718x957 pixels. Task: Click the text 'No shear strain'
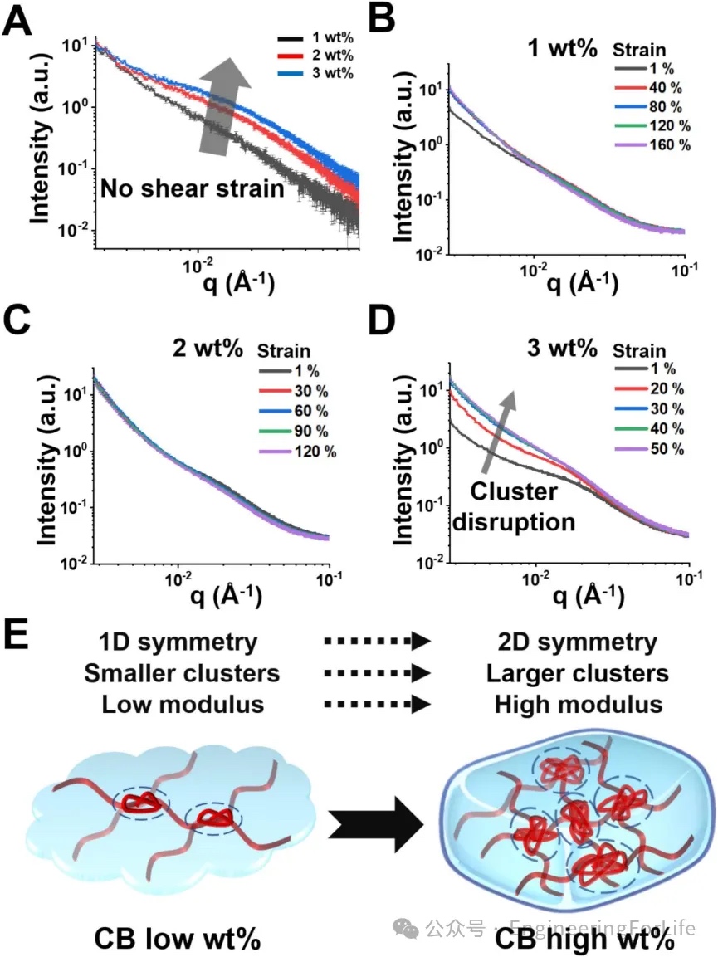(x=193, y=189)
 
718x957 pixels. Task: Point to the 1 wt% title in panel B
(x=562, y=47)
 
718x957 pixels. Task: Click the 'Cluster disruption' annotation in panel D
(x=522, y=507)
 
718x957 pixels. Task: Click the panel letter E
(x=18, y=636)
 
